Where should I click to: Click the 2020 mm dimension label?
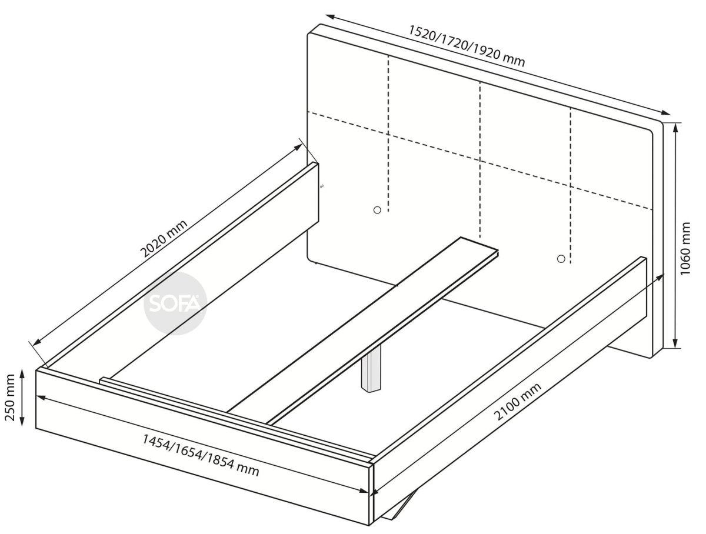click(x=164, y=238)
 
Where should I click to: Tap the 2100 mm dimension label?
click(x=518, y=401)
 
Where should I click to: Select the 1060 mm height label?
click(x=685, y=249)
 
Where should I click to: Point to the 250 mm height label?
click(x=10, y=398)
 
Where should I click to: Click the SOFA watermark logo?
click(x=175, y=303)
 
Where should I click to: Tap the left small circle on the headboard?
click(x=377, y=210)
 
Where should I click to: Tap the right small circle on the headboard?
click(x=561, y=259)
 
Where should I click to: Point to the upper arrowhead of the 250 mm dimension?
click(x=22, y=374)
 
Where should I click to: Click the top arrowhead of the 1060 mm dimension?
click(x=676, y=129)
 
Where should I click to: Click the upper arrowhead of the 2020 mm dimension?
click(x=298, y=147)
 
